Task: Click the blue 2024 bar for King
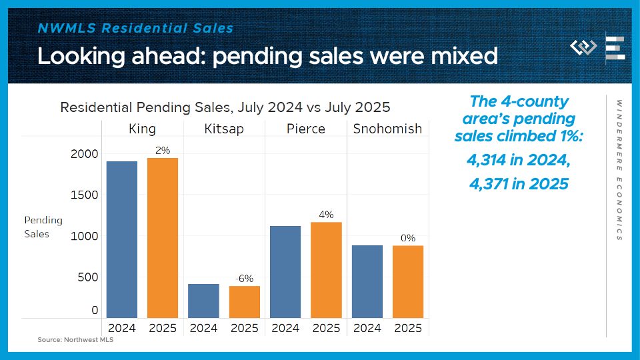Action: [x=121, y=239]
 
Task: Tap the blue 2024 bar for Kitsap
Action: [x=203, y=301]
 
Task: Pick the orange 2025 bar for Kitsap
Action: [x=244, y=302]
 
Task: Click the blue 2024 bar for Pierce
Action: [x=285, y=271]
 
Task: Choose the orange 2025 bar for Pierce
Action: [x=326, y=269]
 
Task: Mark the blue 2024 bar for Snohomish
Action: [x=367, y=281]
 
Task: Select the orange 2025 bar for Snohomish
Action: [x=408, y=281]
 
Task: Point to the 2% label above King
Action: [x=163, y=151]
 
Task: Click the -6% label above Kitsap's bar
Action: [x=245, y=279]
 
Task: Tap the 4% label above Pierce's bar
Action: [x=326, y=215]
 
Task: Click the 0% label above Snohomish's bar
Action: [x=408, y=238]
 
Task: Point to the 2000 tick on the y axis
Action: [x=85, y=154]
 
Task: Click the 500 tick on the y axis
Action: [x=87, y=277]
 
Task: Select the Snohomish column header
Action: [x=387, y=129]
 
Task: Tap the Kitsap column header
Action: [x=224, y=129]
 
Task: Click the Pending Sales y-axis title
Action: [x=43, y=227]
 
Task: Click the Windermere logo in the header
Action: [x=584, y=48]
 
